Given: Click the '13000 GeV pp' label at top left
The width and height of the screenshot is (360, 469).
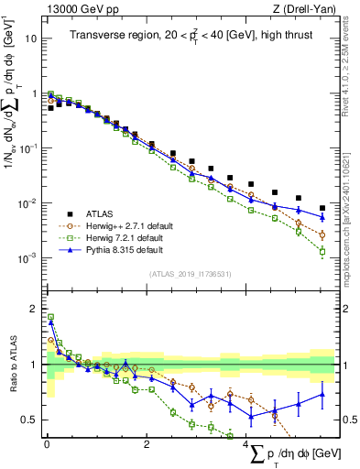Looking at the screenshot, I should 75,9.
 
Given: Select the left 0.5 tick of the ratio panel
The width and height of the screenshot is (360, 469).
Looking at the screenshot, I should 31,420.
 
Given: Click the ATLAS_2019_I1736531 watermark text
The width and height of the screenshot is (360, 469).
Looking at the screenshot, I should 189,274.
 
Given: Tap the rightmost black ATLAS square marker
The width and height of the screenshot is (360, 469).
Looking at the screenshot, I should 322,208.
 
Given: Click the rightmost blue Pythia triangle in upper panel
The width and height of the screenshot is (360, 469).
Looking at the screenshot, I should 322,217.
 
